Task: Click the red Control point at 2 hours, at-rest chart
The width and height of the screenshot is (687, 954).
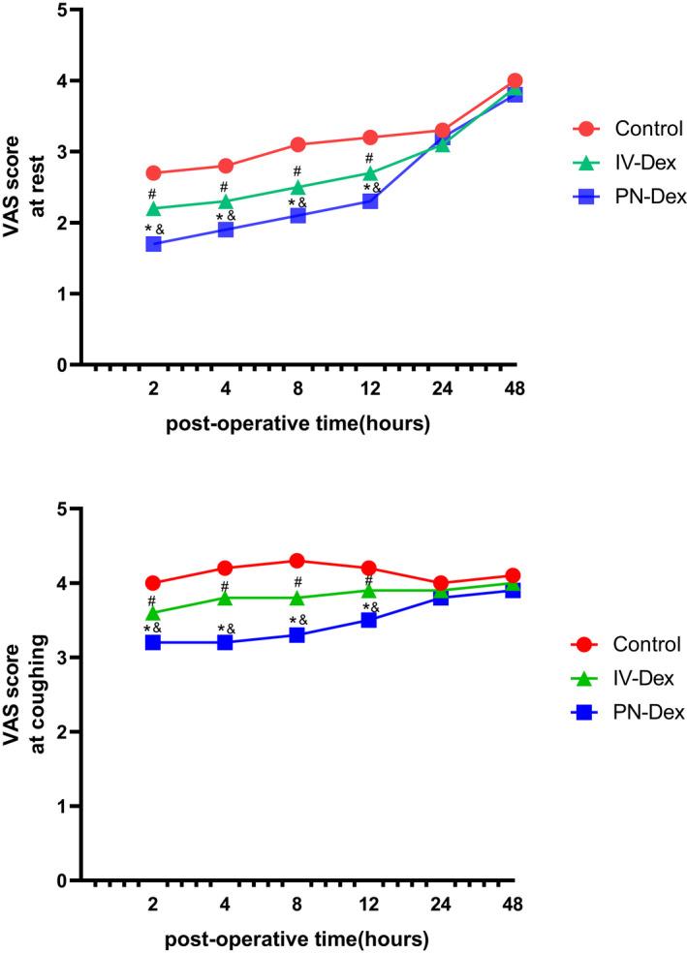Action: pyautogui.click(x=153, y=173)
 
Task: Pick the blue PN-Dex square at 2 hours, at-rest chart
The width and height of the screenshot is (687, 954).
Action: pyautogui.click(x=153, y=244)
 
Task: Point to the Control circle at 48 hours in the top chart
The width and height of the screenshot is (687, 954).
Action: pyautogui.click(x=515, y=81)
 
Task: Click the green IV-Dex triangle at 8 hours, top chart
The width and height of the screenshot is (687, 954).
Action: pyautogui.click(x=297, y=187)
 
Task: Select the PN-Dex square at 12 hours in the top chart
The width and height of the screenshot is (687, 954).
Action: pyautogui.click(x=370, y=201)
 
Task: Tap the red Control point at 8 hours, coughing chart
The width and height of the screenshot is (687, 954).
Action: pyautogui.click(x=297, y=561)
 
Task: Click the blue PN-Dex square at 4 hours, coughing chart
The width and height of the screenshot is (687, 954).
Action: pyautogui.click(x=226, y=642)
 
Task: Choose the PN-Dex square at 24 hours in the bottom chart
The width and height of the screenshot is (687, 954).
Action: pyautogui.click(x=442, y=598)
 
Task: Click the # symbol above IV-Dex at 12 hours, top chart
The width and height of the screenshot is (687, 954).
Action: pyautogui.click(x=370, y=158)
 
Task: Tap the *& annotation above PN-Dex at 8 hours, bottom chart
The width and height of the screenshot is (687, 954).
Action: pyautogui.click(x=297, y=620)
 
